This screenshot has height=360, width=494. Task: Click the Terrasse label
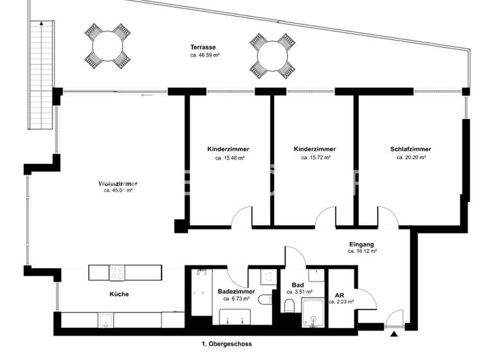coord(203,48)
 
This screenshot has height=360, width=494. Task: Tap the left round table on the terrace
coord(106,46)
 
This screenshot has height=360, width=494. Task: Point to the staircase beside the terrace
coord(41,74)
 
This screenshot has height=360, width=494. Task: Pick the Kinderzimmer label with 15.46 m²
coord(228,149)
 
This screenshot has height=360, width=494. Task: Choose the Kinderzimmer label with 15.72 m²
coord(315,149)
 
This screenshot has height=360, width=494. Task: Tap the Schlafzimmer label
coord(410,149)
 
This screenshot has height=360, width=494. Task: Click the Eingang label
coord(361,244)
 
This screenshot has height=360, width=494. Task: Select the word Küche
coord(118,294)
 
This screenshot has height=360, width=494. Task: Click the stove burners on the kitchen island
coord(117,273)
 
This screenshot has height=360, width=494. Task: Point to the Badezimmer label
coord(237,291)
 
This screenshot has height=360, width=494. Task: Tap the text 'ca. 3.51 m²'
coord(298,291)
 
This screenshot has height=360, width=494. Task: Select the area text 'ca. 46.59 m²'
coord(203,57)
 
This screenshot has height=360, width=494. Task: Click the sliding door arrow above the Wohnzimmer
coord(147,96)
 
